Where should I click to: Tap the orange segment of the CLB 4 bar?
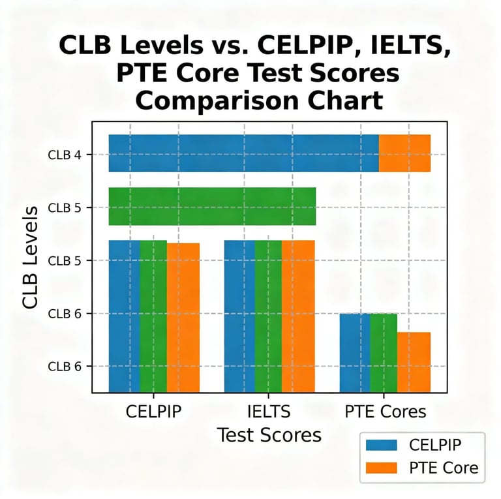tap(404, 153)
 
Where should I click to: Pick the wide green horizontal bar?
tap(212, 206)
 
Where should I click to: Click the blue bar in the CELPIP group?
tap(124, 316)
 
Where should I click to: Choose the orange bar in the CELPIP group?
tap(183, 318)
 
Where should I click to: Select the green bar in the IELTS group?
tap(268, 316)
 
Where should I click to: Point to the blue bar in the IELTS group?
tap(239, 316)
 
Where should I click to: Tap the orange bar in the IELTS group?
tap(298, 316)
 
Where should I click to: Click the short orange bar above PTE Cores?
tap(414, 362)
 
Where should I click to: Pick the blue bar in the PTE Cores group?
tap(354, 353)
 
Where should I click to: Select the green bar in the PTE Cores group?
tap(384, 353)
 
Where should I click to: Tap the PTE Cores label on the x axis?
tap(385, 412)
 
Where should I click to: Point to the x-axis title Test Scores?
tap(269, 435)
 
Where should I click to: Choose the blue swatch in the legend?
tap(381, 446)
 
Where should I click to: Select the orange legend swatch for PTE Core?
tap(381, 468)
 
